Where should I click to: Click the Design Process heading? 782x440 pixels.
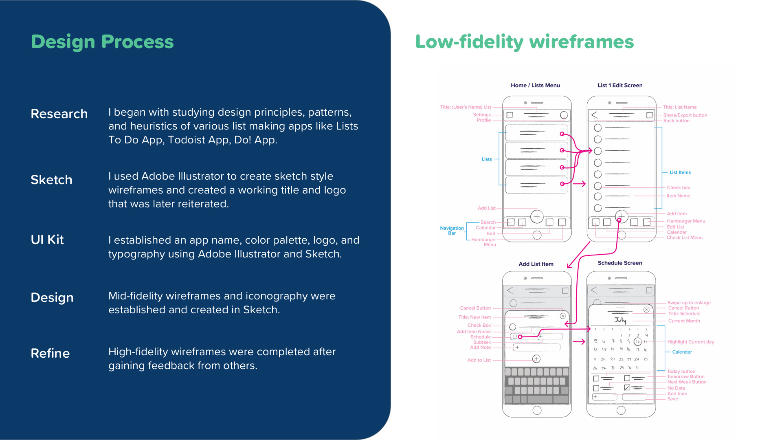(102, 42)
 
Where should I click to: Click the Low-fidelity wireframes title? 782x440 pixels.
(524, 42)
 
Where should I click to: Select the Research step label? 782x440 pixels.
(59, 114)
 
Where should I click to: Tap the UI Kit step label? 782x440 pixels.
(47, 240)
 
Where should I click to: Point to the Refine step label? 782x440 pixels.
(50, 353)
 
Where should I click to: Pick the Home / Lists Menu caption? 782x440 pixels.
(535, 85)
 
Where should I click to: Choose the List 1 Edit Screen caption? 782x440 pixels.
(620, 85)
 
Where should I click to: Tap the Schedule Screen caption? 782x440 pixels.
(620, 263)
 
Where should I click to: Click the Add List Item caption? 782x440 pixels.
(536, 264)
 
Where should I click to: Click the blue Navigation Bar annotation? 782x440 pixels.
(452, 231)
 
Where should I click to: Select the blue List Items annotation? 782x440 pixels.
(680, 172)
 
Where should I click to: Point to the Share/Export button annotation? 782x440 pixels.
(685, 115)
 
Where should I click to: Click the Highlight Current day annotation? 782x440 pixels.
(690, 342)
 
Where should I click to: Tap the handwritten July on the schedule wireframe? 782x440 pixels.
(620, 320)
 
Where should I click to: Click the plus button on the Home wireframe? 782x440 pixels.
(537, 216)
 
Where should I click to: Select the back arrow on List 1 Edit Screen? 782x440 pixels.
(595, 115)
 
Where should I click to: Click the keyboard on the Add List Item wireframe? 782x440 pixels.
(537, 385)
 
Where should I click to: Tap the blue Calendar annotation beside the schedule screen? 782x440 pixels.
(682, 352)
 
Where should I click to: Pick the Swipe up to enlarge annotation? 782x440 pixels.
(689, 303)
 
